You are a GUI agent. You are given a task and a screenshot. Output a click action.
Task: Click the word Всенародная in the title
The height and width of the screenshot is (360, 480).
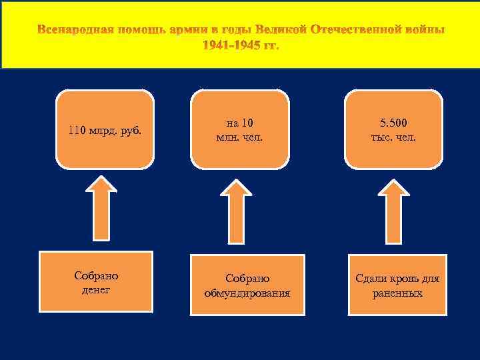[x=75, y=31]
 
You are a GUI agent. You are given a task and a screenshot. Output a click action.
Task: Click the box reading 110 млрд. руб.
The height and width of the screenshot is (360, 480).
[x=105, y=130]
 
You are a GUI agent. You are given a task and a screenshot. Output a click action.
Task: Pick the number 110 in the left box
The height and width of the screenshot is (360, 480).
[x=77, y=130]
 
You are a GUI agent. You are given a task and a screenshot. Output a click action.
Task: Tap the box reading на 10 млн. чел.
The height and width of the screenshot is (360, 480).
[x=240, y=130]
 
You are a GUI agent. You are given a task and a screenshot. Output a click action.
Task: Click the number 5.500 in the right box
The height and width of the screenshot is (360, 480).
[x=393, y=123]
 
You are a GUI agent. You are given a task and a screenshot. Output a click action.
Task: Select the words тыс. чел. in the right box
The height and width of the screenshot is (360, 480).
[x=393, y=137]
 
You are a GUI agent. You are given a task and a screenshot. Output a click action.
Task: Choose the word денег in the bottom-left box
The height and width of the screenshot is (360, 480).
[x=96, y=290]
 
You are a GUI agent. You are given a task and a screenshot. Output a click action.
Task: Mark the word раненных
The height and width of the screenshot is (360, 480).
[x=397, y=292]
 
